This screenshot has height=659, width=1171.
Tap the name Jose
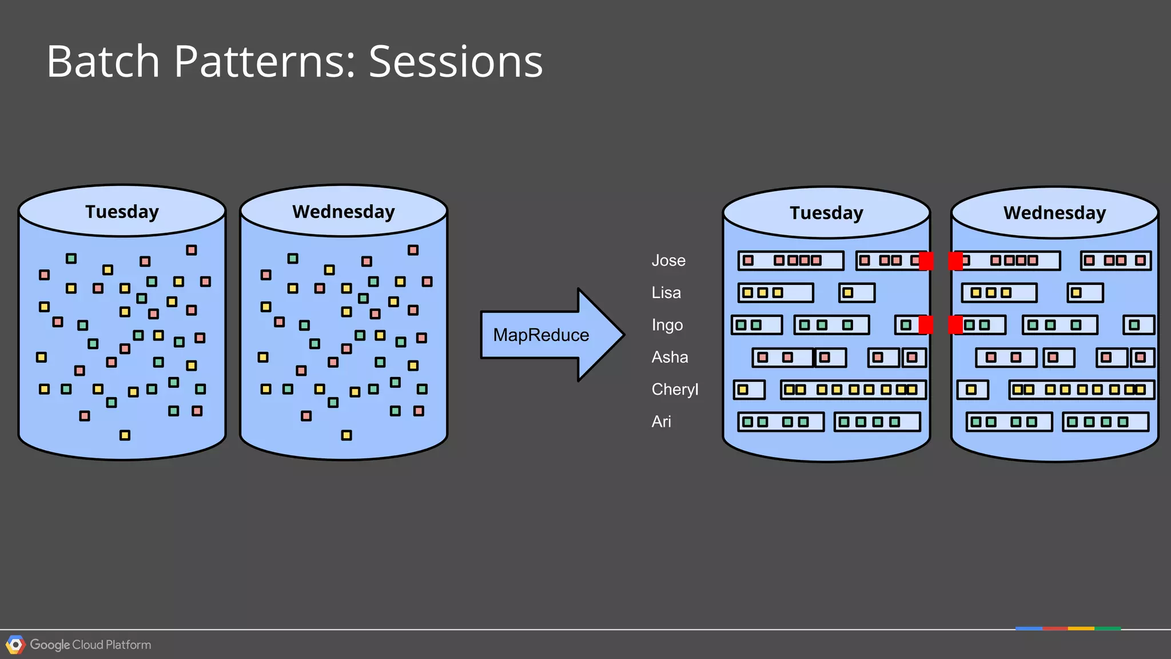coord(668,260)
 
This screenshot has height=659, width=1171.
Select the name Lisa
coord(666,293)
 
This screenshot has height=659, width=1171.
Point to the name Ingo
coord(667,325)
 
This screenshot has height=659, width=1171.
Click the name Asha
coord(670,357)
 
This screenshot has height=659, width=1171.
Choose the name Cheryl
coord(675,390)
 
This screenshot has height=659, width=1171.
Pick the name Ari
coord(661,422)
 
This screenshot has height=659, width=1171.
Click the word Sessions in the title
coord(455,61)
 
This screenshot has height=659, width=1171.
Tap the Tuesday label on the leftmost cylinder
coord(122,212)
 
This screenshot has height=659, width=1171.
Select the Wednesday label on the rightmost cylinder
coord(1054,213)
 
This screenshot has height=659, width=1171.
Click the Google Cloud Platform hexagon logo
coord(15,645)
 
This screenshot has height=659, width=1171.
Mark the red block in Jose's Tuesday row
coord(926,261)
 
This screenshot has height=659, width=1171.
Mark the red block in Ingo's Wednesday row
coord(955,325)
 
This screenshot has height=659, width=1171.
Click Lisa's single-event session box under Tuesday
coord(857,293)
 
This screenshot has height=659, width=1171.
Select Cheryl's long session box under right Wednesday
coord(1081,390)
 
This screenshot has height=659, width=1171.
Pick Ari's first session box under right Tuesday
coord(780,422)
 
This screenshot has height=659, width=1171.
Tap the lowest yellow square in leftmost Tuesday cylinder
coord(125,435)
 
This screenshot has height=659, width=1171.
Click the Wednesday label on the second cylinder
coord(343,212)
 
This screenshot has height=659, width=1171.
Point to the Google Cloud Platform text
coord(90,645)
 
